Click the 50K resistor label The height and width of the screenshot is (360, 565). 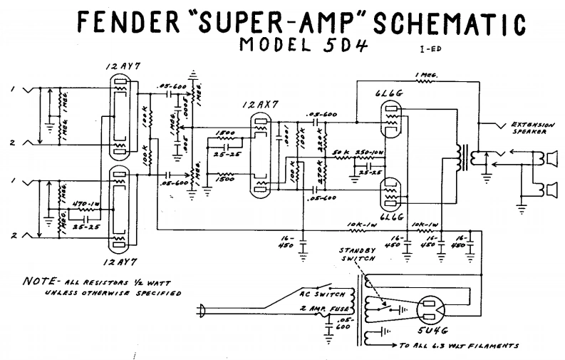coord(340,153)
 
